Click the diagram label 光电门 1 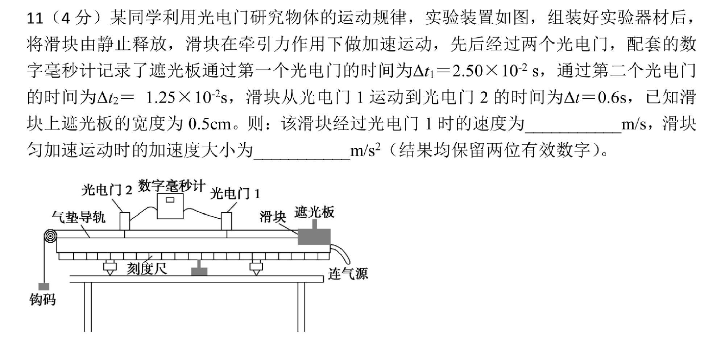pyautogui.click(x=235, y=194)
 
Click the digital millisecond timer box pyautogui.click(x=170, y=206)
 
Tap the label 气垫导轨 pyautogui.click(x=78, y=217)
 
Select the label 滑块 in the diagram pyautogui.click(x=273, y=217)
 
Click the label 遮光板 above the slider pyautogui.click(x=314, y=212)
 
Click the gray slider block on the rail pyautogui.click(x=314, y=236)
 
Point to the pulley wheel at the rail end pyautogui.click(x=50, y=236)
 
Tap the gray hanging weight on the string pyautogui.click(x=43, y=286)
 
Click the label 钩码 pyautogui.click(x=43, y=300)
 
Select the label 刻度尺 pyautogui.click(x=146, y=269)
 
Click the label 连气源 pyautogui.click(x=348, y=274)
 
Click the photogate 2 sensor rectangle pyautogui.click(x=124, y=221)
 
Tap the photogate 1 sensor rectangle pyautogui.click(x=227, y=221)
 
